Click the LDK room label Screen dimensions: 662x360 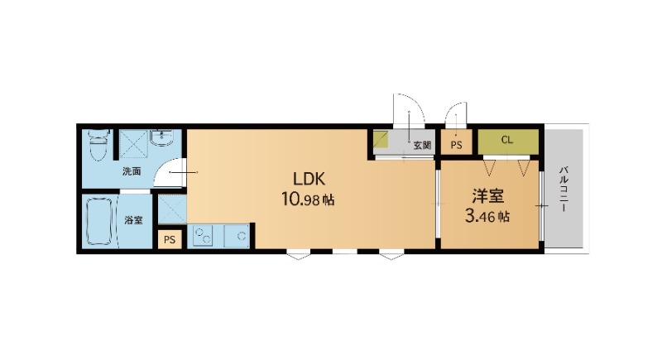click(309, 179)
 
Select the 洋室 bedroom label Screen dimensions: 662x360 click(487, 196)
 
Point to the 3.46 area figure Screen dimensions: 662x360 click(487, 217)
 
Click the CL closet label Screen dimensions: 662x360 click(507, 140)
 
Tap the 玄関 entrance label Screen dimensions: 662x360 click(422, 146)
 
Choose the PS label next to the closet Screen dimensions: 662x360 click(456, 145)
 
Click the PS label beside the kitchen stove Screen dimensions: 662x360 click(170, 240)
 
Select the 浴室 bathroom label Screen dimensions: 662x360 click(133, 220)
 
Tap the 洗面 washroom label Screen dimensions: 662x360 click(132, 171)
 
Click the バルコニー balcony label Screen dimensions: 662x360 click(564, 190)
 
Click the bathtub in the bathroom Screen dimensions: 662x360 click(99, 222)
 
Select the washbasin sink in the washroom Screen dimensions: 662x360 click(162, 137)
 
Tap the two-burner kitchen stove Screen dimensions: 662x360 click(203, 236)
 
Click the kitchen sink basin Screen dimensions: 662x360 click(237, 236)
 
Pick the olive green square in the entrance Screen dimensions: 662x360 click(381, 139)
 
